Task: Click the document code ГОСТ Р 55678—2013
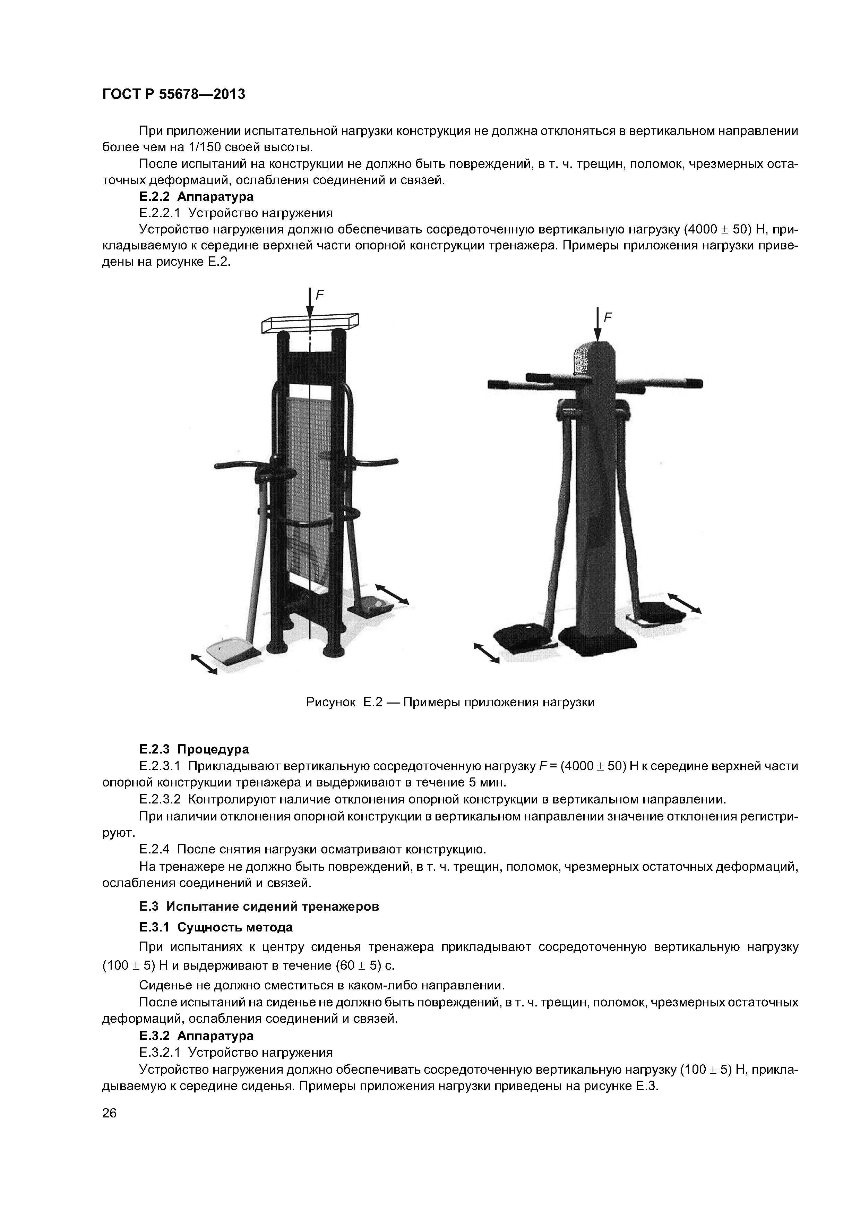pyautogui.click(x=173, y=94)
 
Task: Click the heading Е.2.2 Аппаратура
pyautogui.click(x=196, y=197)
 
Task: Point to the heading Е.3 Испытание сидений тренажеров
pyautogui.click(x=259, y=907)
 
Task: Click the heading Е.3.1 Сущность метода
pyautogui.click(x=216, y=927)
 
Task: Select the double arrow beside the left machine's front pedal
pyautogui.click(x=204, y=664)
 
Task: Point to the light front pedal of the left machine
pyautogui.click(x=229, y=652)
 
